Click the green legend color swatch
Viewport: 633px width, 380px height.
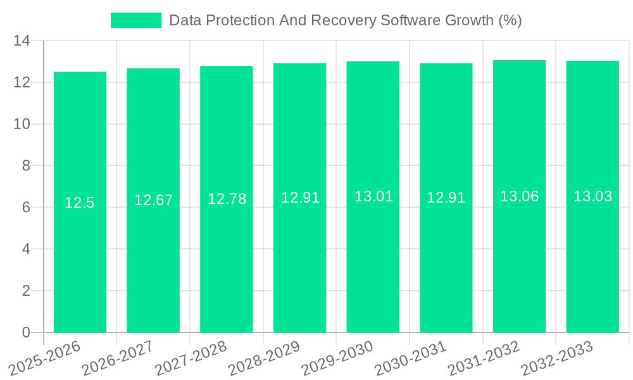135,20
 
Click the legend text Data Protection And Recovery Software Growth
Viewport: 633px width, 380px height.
345,20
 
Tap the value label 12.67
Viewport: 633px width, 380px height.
153,200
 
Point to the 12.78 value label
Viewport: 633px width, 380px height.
227,199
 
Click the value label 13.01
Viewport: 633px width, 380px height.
373,196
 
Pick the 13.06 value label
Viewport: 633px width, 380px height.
519,196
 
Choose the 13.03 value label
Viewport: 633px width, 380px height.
592,196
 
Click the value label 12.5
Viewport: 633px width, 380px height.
80,203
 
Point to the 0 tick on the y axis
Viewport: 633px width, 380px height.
26,332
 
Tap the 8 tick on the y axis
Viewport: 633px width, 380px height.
26,166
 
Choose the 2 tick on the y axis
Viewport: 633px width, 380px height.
26,291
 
